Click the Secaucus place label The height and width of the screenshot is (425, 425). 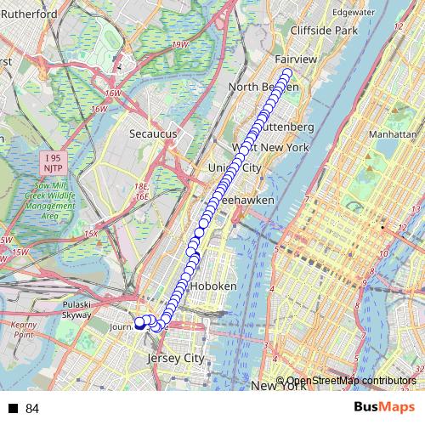coord(153,133)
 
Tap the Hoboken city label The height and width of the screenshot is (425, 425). coord(213,286)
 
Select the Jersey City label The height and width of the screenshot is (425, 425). coord(176,359)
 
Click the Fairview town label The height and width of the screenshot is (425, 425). coord(296,59)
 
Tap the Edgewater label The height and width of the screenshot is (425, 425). coord(354,13)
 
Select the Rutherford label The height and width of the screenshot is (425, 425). coord(29,14)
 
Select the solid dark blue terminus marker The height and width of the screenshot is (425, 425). coord(139,322)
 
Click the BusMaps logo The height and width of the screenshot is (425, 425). coord(383,407)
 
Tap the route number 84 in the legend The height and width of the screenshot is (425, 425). coord(32,409)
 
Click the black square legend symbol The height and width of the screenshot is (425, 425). coord(14,409)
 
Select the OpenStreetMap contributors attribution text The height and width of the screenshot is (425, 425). coord(351,381)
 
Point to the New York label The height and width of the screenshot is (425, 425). coord(278,387)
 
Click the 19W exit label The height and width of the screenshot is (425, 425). coord(179,44)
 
